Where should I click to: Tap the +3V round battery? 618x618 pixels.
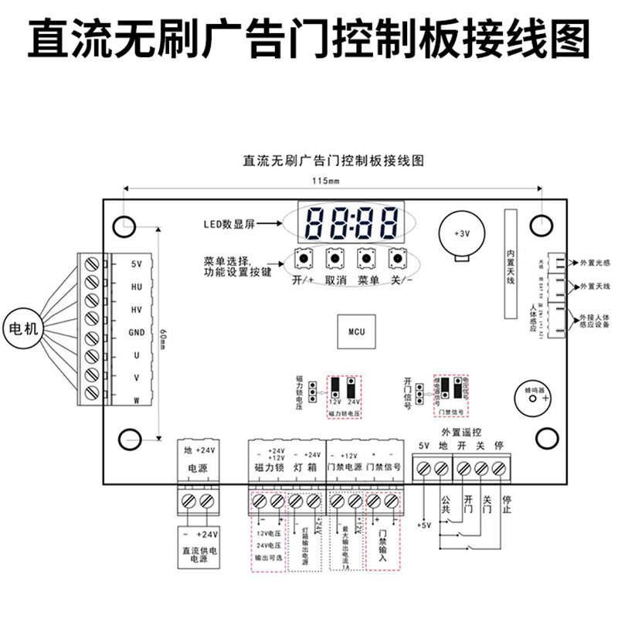click(x=462, y=234)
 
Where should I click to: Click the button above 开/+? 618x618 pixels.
click(x=304, y=257)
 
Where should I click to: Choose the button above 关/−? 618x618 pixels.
click(x=397, y=257)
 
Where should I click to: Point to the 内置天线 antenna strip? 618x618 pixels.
click(x=510, y=264)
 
